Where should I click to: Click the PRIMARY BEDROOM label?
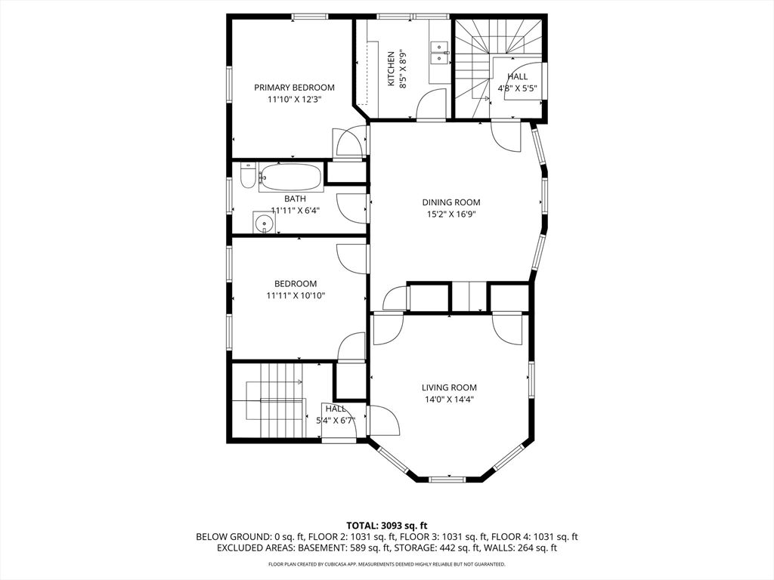[x=294, y=88]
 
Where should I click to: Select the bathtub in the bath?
[x=291, y=178]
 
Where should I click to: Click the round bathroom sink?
[x=263, y=224]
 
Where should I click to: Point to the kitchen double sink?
[x=438, y=52]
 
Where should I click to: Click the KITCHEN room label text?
[x=391, y=69]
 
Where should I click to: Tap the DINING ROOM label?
[x=450, y=202]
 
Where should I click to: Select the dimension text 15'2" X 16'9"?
[x=450, y=214]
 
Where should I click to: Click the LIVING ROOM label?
[x=449, y=388]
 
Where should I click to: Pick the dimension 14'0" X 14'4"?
[x=449, y=400]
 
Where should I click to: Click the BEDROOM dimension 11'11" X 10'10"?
[x=295, y=296]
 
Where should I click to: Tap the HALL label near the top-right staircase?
[x=518, y=77]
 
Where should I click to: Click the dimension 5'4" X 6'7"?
[x=336, y=420]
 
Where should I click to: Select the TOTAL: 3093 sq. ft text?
[x=387, y=526]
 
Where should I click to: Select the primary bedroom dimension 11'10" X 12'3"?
[x=294, y=99]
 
